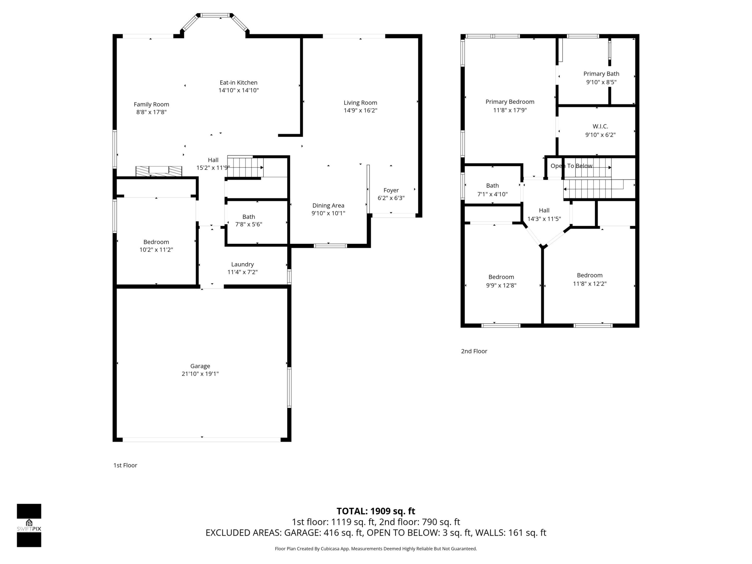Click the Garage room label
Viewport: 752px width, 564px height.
[x=200, y=366]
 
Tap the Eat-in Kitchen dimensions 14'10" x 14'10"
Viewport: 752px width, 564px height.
[x=238, y=90]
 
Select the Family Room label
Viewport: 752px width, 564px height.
[x=151, y=104]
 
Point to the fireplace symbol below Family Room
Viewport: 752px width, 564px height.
[x=159, y=171]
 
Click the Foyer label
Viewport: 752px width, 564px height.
[x=391, y=190]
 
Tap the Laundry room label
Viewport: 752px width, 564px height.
[x=242, y=264]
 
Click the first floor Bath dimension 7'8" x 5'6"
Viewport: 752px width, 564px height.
[x=249, y=224]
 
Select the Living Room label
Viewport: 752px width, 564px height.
[x=360, y=102]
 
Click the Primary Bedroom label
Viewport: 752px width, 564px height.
[x=510, y=102]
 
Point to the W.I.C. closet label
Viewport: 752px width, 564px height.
[x=600, y=126]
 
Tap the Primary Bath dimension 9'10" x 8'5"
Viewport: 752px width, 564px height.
[x=601, y=82]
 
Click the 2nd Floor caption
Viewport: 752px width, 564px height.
[x=474, y=351]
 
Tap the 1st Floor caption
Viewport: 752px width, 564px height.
[x=125, y=465]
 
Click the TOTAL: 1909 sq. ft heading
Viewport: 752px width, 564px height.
[x=376, y=511]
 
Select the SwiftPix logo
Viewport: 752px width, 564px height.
[x=29, y=525]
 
